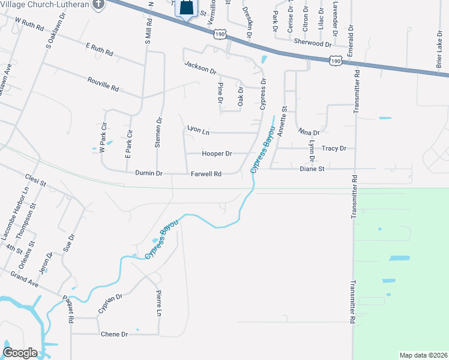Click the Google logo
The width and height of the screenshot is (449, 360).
[20, 353]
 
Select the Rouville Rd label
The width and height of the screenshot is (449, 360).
[103, 84]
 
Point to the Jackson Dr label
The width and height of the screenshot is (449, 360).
[200, 67]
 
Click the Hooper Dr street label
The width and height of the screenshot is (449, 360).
[217, 154]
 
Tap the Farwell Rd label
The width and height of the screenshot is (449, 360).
[206, 174]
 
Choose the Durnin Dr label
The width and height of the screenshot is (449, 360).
[149, 173]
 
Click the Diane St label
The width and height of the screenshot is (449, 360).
[312, 169]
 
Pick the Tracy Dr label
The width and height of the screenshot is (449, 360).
[334, 148]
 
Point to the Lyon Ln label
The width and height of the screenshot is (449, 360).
[199, 129]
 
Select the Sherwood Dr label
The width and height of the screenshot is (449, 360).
[313, 43]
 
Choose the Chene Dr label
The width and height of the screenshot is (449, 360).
[115, 334]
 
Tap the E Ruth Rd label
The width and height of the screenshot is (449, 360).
[99, 49]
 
